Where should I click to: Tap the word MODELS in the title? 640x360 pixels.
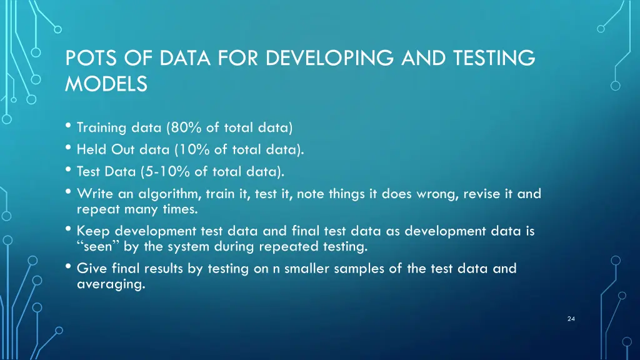tap(106, 84)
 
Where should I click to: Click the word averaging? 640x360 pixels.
tap(109, 284)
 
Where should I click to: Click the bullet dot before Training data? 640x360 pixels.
tap(68, 127)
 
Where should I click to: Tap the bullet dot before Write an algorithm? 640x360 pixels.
tap(68, 192)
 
